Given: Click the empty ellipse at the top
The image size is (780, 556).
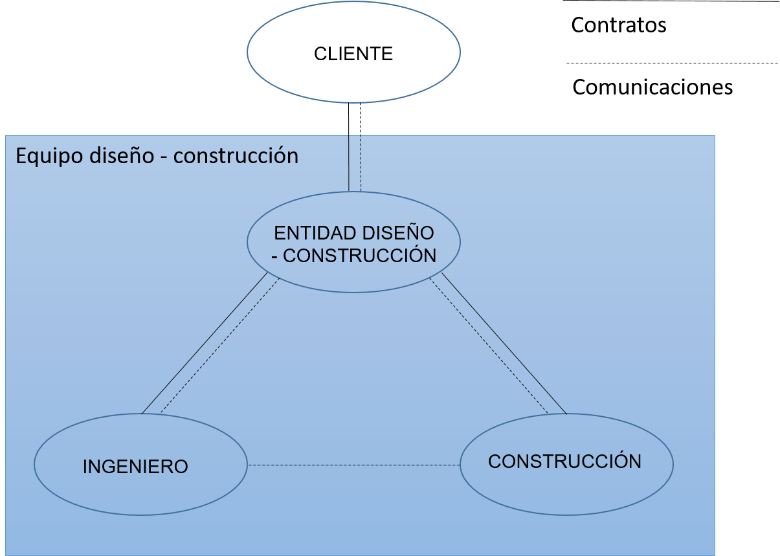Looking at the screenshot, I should pyautogui.click(x=353, y=52).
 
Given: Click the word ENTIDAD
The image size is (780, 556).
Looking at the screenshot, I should pyautogui.click(x=309, y=233).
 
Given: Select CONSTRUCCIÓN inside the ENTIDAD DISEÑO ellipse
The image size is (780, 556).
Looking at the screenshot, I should pyautogui.click(x=360, y=256).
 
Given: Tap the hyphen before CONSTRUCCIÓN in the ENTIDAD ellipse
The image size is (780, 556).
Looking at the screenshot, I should pyautogui.click(x=276, y=256).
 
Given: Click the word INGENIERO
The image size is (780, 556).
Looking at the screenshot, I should pyautogui.click(x=135, y=467).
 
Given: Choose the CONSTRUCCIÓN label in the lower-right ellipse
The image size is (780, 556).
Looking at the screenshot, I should pyautogui.click(x=564, y=461).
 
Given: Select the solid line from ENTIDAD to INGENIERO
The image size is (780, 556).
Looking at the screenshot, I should pyautogui.click(x=204, y=344).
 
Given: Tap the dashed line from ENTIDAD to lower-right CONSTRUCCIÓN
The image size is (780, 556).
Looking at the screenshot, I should pyautogui.click(x=488, y=346).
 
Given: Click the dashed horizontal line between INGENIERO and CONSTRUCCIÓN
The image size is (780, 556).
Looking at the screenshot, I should pyautogui.click(x=353, y=465).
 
